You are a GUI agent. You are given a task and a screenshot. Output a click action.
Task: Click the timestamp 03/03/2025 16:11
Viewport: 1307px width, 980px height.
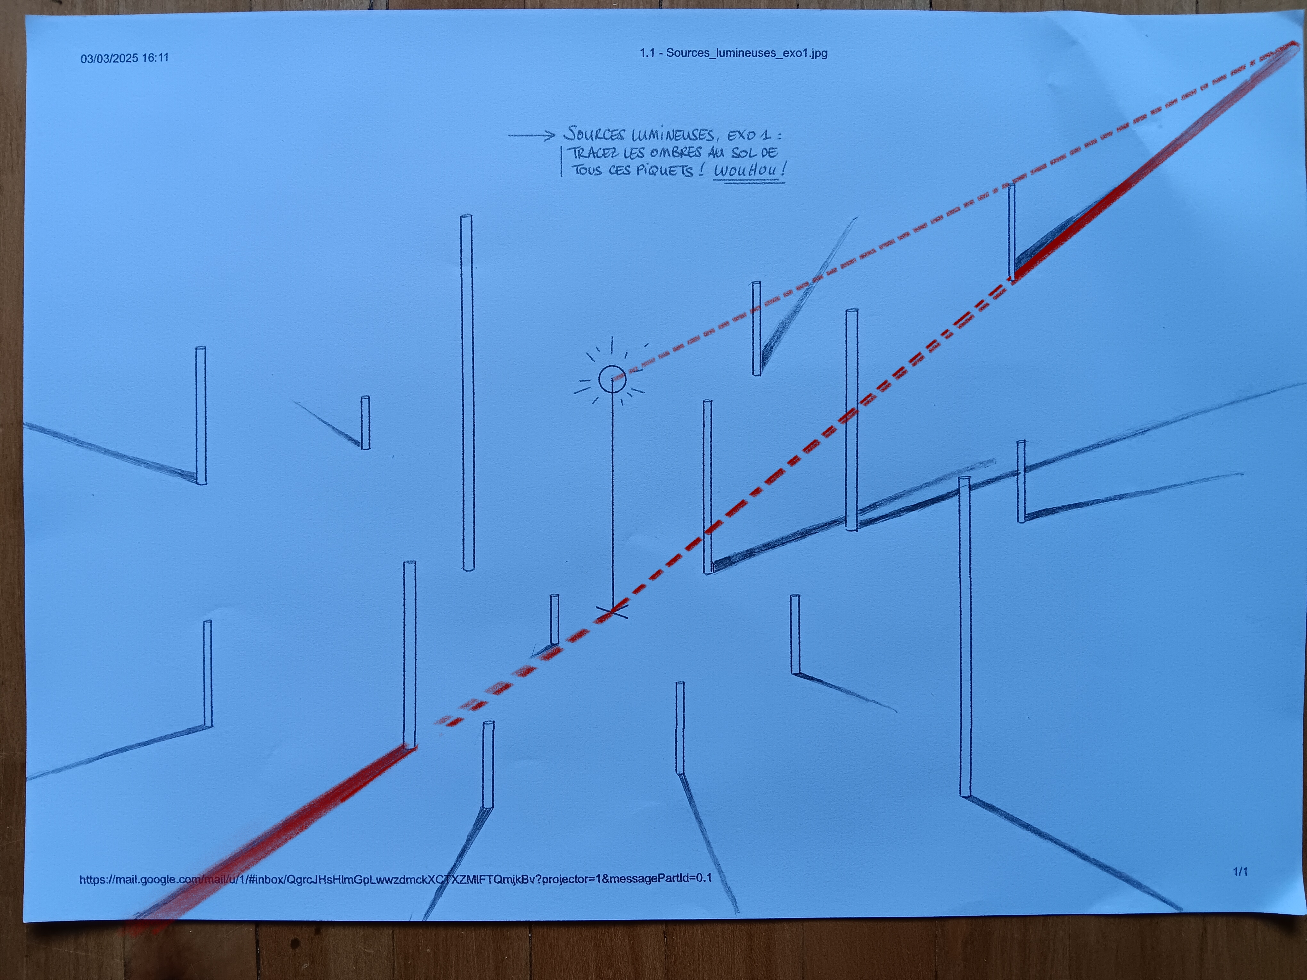tap(125, 58)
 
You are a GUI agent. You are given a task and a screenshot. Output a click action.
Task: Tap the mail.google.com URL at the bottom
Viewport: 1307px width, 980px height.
tap(395, 878)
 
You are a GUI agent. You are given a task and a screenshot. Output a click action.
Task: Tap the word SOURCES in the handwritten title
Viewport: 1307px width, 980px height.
tap(595, 134)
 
